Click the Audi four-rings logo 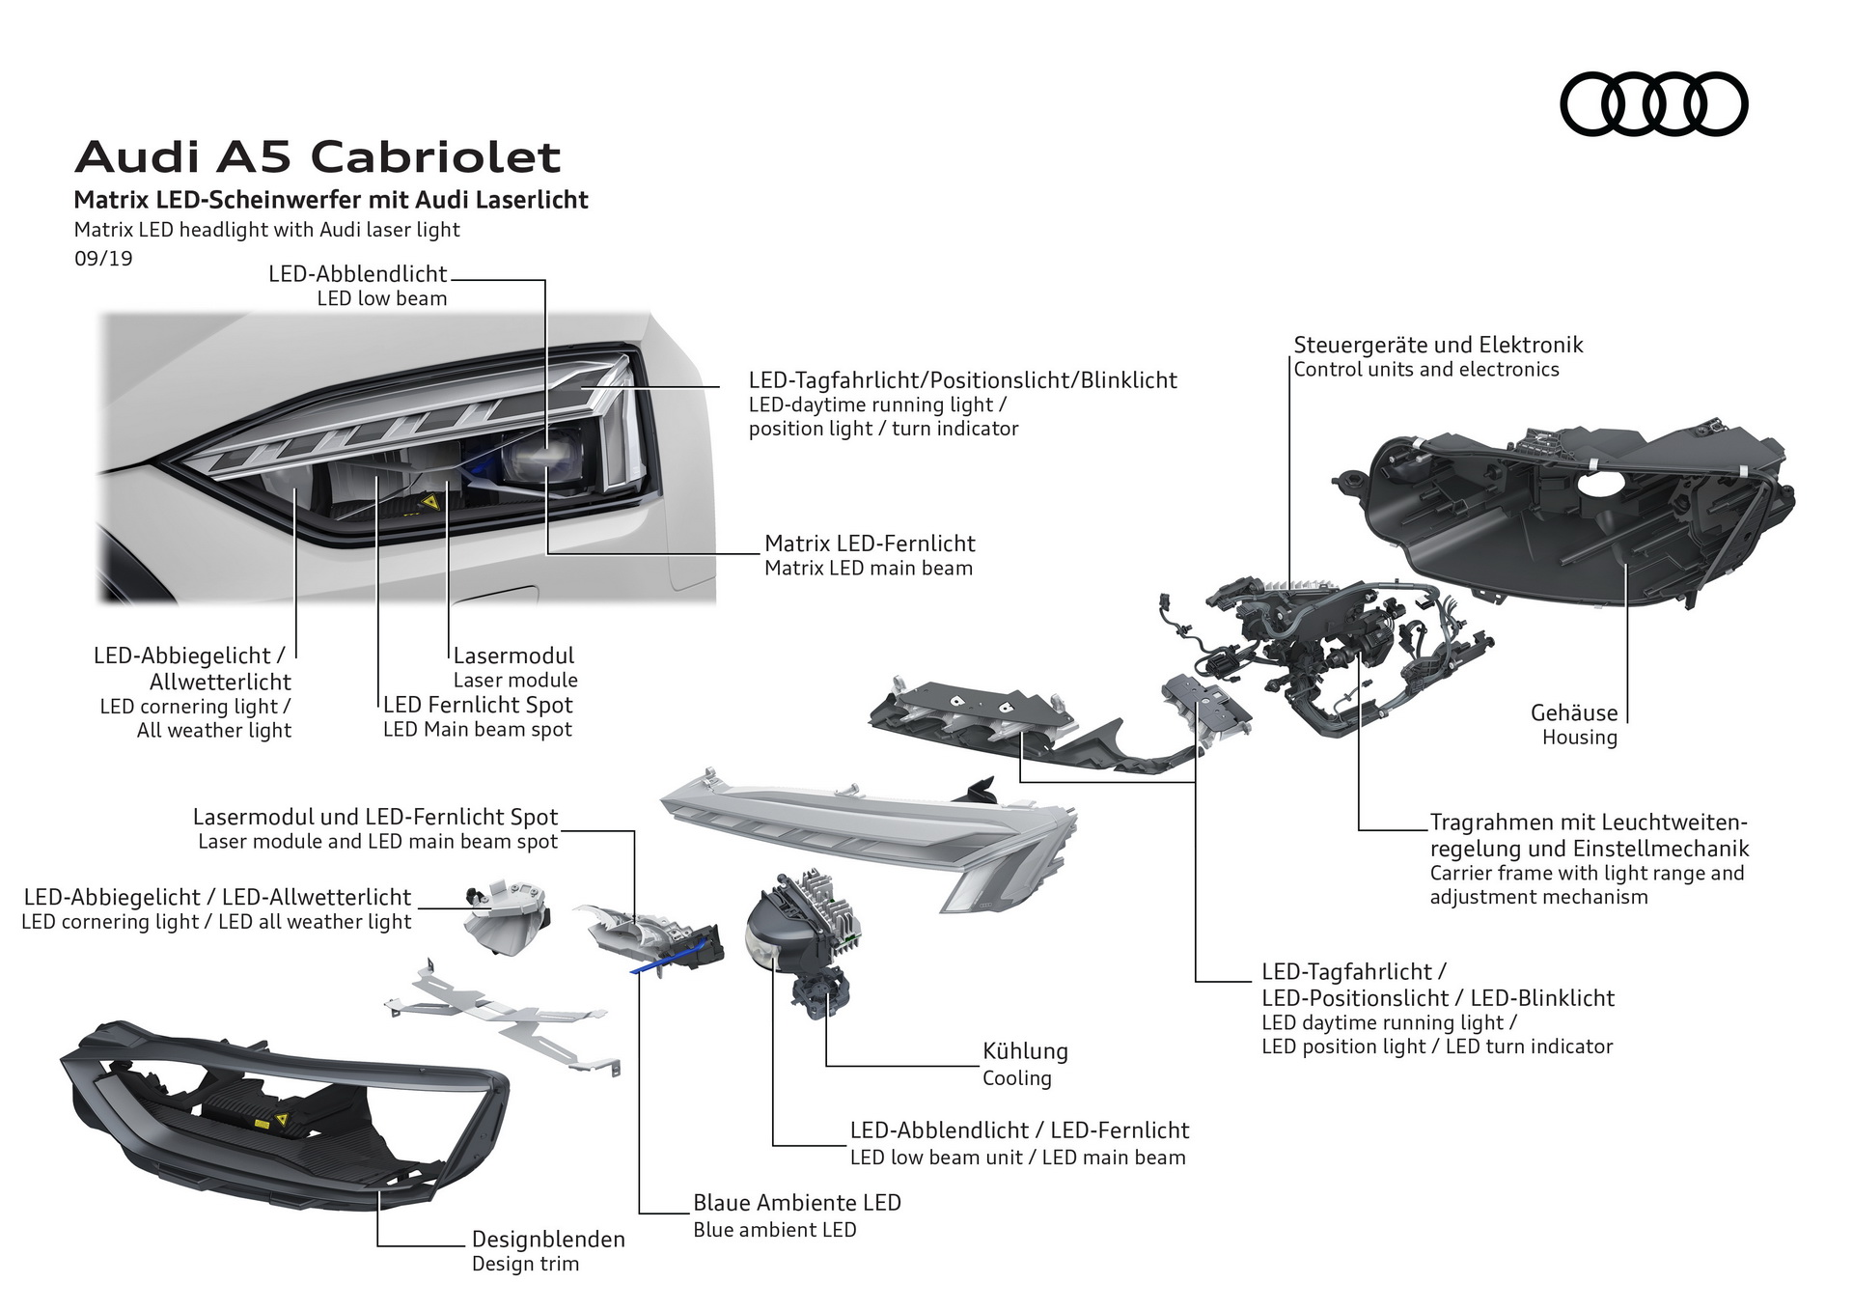click(1653, 103)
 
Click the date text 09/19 click(103, 259)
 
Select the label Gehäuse click(1573, 712)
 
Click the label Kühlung click(1025, 1051)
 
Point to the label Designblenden click(548, 1239)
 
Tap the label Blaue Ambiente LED click(796, 1203)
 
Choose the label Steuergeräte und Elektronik click(1438, 345)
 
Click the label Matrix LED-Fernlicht click(870, 544)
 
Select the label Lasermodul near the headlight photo click(513, 655)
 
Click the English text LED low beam click(382, 298)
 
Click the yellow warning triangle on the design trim click(283, 1119)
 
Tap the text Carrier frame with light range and click(1587, 873)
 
